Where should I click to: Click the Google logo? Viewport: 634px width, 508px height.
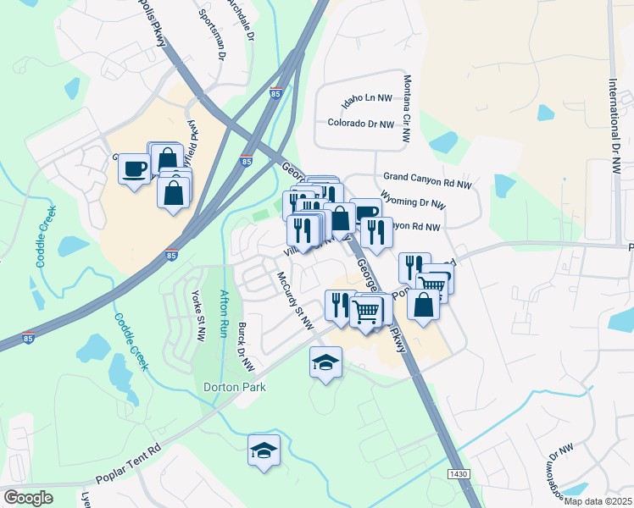click(x=28, y=497)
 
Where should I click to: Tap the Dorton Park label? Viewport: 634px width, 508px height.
click(x=235, y=388)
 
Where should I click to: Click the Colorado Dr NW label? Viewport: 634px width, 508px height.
click(x=361, y=124)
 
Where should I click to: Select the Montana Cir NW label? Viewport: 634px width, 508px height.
click(x=407, y=108)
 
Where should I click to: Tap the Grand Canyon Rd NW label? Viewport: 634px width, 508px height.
click(x=427, y=180)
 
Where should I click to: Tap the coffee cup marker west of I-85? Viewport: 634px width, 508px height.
click(x=134, y=168)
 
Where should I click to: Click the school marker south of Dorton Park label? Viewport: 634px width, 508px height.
click(x=264, y=449)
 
